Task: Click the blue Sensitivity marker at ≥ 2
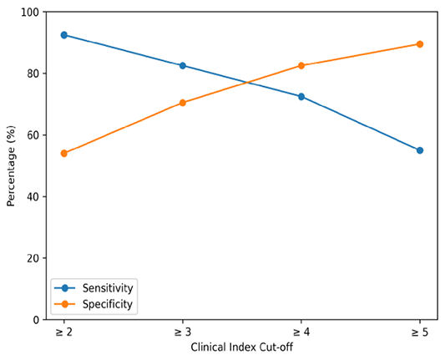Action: click(x=64, y=35)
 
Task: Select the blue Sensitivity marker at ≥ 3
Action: click(x=183, y=66)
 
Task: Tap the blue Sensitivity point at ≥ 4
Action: click(x=301, y=97)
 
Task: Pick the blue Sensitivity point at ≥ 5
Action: click(x=420, y=150)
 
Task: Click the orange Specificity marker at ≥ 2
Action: click(x=64, y=154)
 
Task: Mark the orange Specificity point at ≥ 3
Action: click(x=183, y=103)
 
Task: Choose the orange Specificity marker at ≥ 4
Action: click(x=301, y=66)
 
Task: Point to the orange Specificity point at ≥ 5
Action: click(x=420, y=44)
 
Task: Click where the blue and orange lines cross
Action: click(x=248, y=83)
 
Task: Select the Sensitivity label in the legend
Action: click(x=108, y=288)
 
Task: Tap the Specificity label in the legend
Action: click(x=108, y=304)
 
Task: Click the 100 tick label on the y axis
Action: click(x=30, y=13)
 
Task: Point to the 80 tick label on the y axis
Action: click(x=33, y=74)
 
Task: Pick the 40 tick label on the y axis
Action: click(x=33, y=197)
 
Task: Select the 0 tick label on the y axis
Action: click(x=36, y=320)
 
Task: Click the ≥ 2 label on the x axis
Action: click(x=63, y=332)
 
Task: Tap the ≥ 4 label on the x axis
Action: click(x=301, y=332)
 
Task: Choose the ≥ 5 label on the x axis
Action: click(x=420, y=332)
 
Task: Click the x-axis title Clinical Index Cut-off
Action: click(x=242, y=347)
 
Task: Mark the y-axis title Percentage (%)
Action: click(x=11, y=166)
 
